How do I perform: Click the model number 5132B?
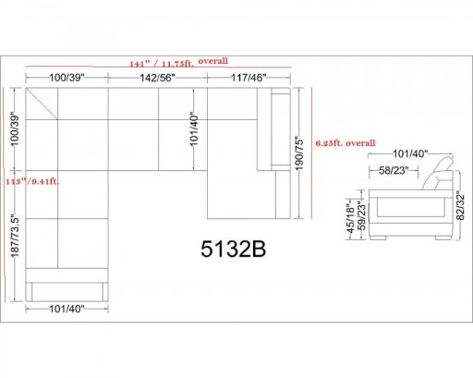pos(233,249)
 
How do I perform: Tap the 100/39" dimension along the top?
pos(67,78)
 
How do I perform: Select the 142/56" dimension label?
pos(157,78)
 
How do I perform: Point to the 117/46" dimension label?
pos(249,78)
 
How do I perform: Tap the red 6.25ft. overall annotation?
pos(346,143)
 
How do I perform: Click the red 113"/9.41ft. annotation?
pos(32,181)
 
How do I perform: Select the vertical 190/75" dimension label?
pos(299,153)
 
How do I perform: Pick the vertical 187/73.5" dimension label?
pos(15,237)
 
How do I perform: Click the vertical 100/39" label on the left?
pos(15,128)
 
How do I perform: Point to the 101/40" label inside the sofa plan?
pos(194,128)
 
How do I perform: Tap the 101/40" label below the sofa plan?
pos(67,309)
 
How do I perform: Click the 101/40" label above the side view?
pos(410,153)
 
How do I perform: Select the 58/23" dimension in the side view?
pos(394,170)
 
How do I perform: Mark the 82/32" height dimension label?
pos(460,206)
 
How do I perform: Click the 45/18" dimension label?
pos(351,219)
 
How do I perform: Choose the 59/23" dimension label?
pos(362,215)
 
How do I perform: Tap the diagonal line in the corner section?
pos(42,104)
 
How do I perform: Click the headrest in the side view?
pos(439,173)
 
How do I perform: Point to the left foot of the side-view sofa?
pos(378,238)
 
